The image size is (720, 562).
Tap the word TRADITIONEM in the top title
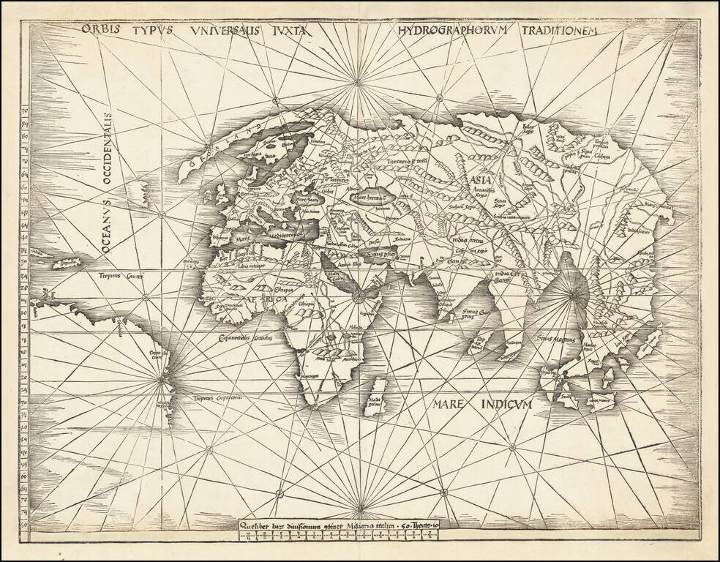coord(560,31)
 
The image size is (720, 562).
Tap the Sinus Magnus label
coord(556,340)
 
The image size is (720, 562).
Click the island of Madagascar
coord(375,397)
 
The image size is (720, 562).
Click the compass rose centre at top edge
coord(358,83)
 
